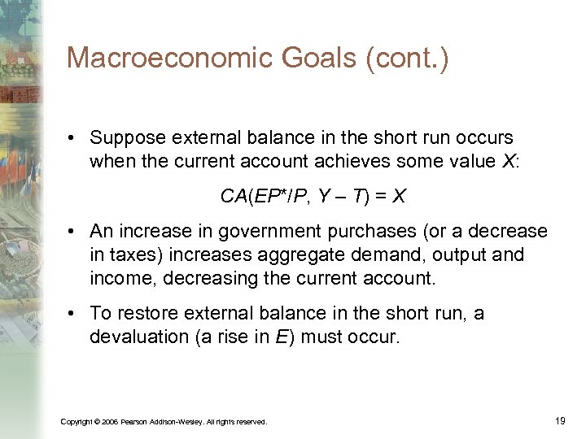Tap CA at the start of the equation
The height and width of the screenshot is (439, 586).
pos(231,197)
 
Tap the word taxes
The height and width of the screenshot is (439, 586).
pos(138,254)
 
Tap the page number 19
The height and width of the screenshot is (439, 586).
pos(559,420)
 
